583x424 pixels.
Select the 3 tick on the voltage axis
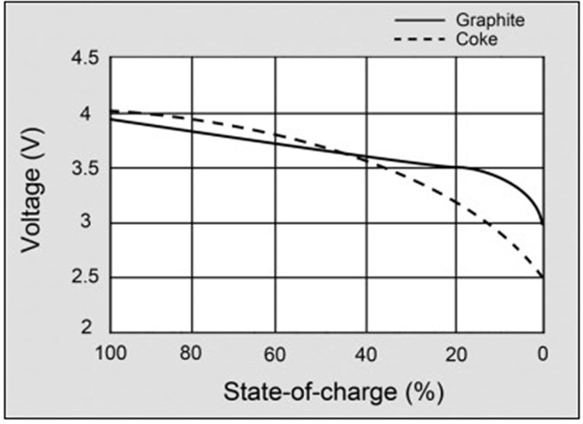coord(91,224)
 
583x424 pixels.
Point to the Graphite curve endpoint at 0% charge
coord(543,223)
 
